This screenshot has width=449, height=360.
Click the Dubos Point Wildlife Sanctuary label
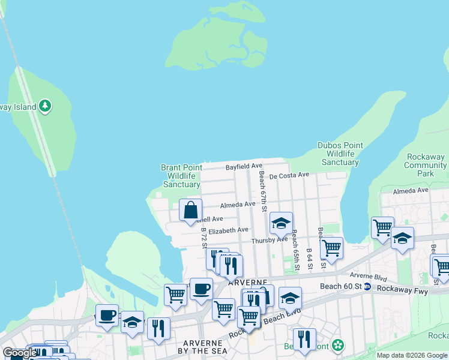(x=340, y=154)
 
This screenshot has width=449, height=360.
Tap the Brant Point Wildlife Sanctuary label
(x=181, y=176)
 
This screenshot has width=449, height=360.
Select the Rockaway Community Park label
(x=426, y=165)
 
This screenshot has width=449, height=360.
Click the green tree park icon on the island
(x=44, y=107)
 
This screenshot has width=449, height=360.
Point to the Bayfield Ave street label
(x=244, y=166)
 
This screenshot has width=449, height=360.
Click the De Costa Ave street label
(x=289, y=175)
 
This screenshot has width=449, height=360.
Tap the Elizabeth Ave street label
(x=228, y=230)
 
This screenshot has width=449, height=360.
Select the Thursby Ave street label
(x=270, y=239)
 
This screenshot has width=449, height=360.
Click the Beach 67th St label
(x=262, y=191)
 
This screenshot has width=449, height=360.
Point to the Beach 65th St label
(x=294, y=247)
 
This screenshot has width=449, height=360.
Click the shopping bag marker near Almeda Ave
(x=190, y=211)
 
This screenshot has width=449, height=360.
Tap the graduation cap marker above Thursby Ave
(x=280, y=224)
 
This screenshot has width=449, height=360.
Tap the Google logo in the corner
(x=20, y=353)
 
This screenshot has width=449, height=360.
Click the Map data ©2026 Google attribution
(x=412, y=355)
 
